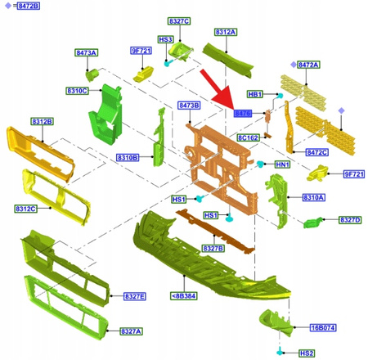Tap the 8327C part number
(x=179, y=20)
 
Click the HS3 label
(x=165, y=39)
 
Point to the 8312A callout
(x=226, y=32)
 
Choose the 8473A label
(x=86, y=53)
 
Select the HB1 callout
(x=254, y=94)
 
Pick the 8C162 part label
(x=249, y=138)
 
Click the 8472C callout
(x=317, y=152)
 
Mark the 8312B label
(x=43, y=121)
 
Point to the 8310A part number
(x=314, y=197)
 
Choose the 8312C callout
(x=25, y=209)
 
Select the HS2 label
(x=307, y=353)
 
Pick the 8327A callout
(x=132, y=331)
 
